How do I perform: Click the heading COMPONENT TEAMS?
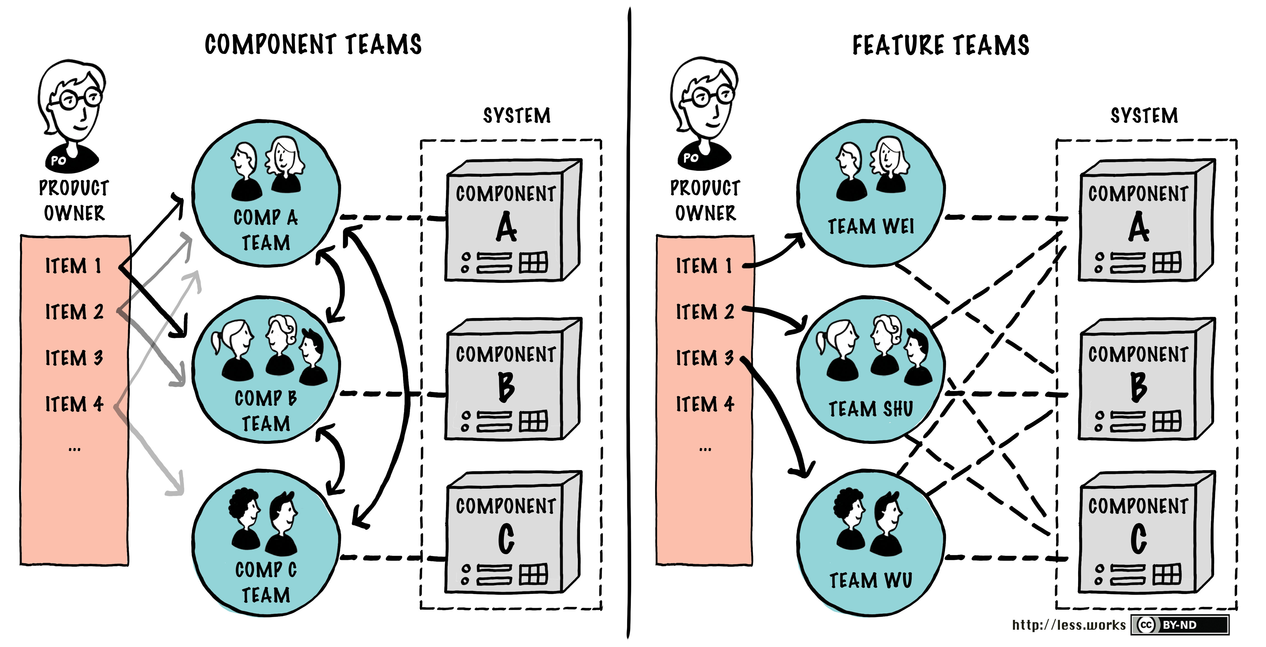[313, 45]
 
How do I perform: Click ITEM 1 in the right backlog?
[704, 266]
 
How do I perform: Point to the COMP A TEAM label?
[266, 230]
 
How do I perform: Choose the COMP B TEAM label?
[266, 411]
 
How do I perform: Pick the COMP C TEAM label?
[266, 582]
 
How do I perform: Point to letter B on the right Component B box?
[1138, 387]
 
